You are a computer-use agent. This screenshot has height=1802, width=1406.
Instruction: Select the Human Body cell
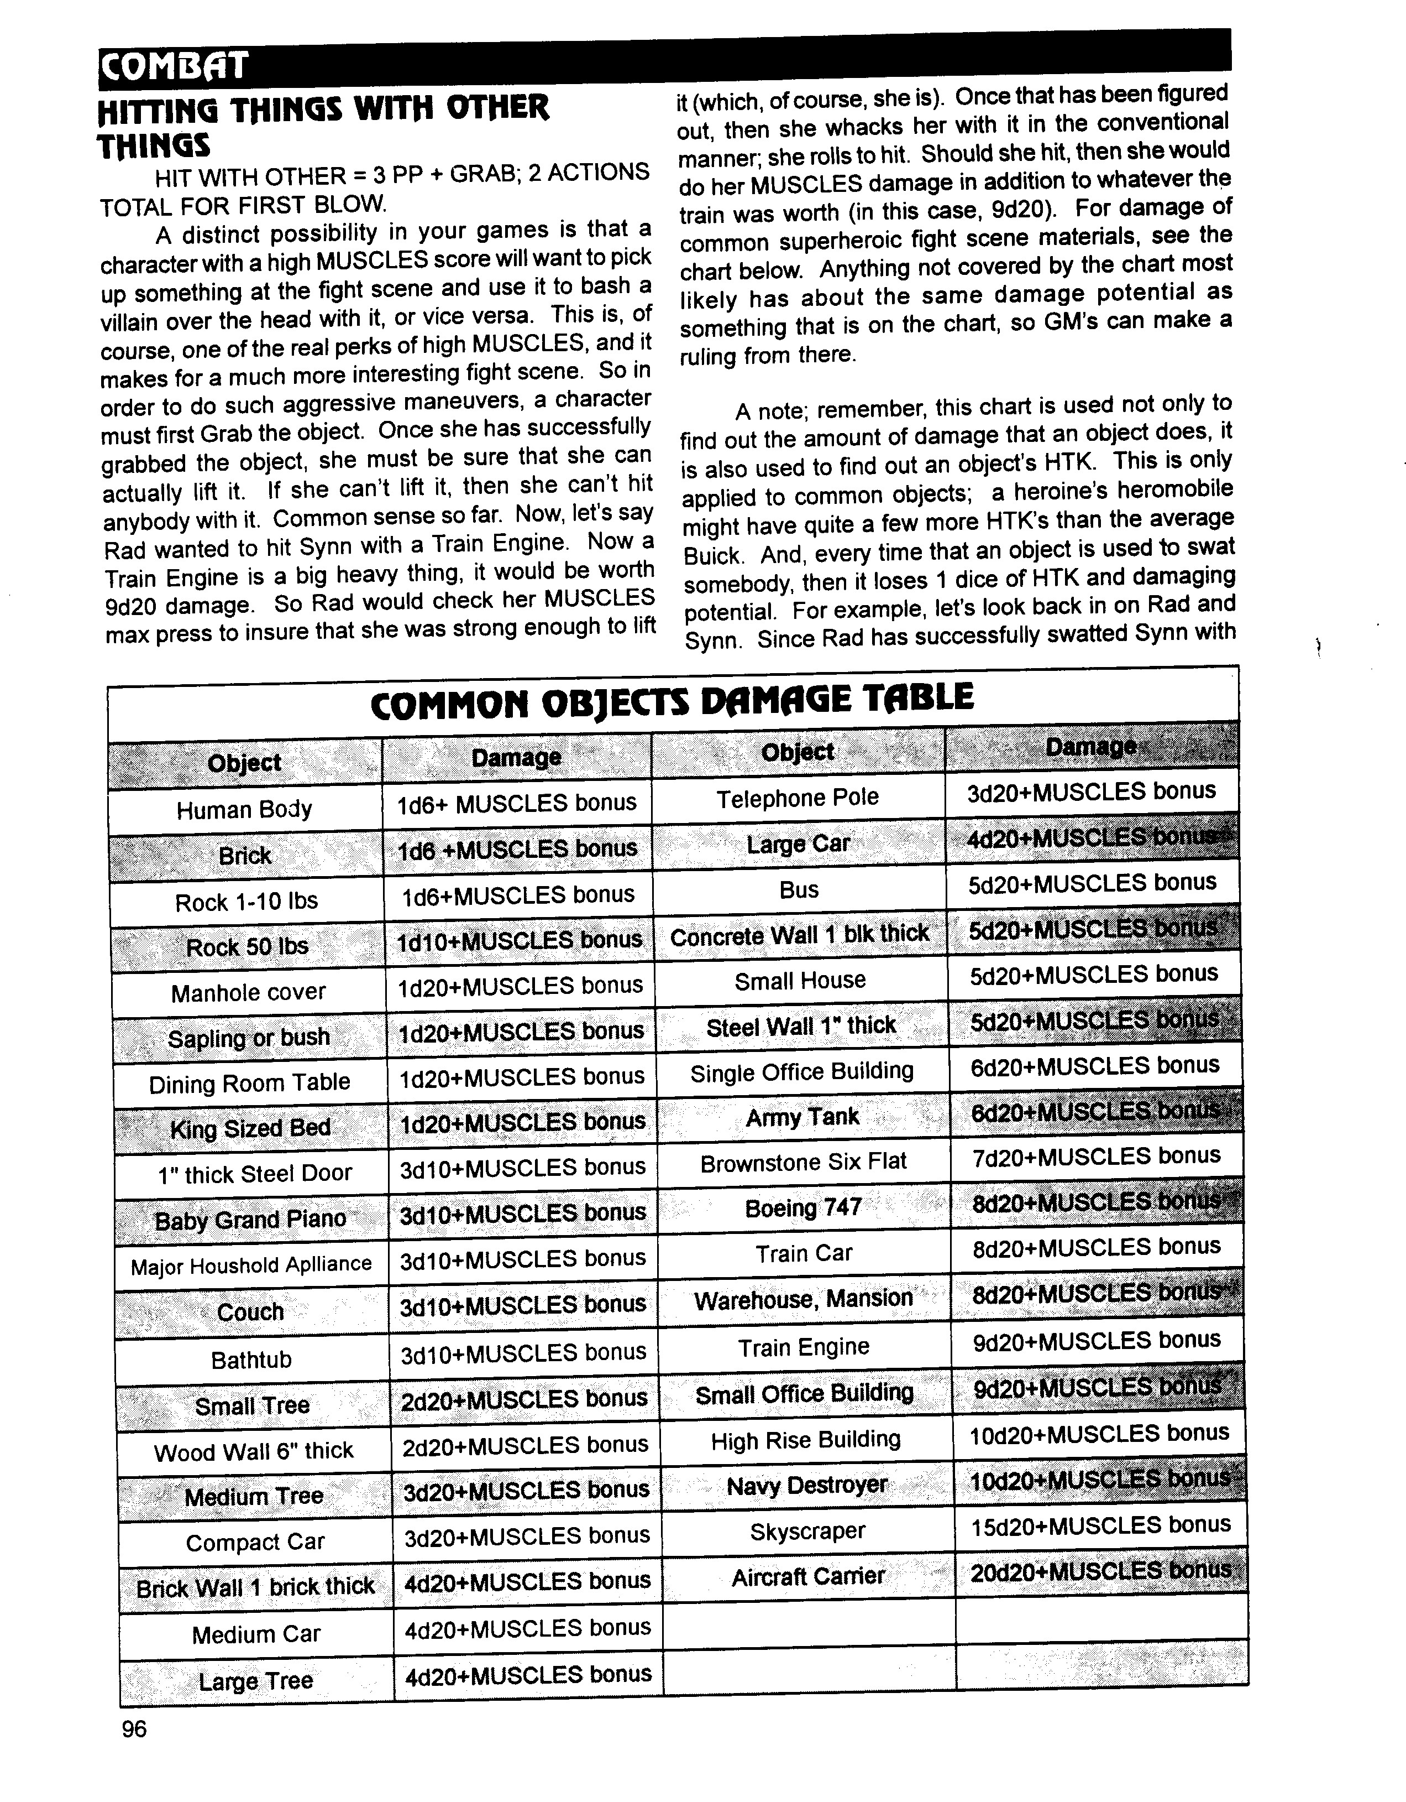244,809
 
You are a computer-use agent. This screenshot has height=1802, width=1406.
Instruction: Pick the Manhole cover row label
248,993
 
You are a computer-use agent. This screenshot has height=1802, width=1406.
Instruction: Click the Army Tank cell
802,1117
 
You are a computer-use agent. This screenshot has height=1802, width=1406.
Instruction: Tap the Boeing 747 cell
803,1208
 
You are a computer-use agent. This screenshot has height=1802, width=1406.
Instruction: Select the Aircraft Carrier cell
808,1577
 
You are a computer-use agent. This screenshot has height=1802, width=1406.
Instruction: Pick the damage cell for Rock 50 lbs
520,941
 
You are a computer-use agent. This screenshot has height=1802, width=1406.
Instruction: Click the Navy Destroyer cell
806,1485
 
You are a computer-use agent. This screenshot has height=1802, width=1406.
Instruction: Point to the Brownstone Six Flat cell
803,1163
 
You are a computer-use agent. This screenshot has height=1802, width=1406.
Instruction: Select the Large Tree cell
256,1681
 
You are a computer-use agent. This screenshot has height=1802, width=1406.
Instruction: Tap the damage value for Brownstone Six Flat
1096,1157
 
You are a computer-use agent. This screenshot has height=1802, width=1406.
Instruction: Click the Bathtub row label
251,1360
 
